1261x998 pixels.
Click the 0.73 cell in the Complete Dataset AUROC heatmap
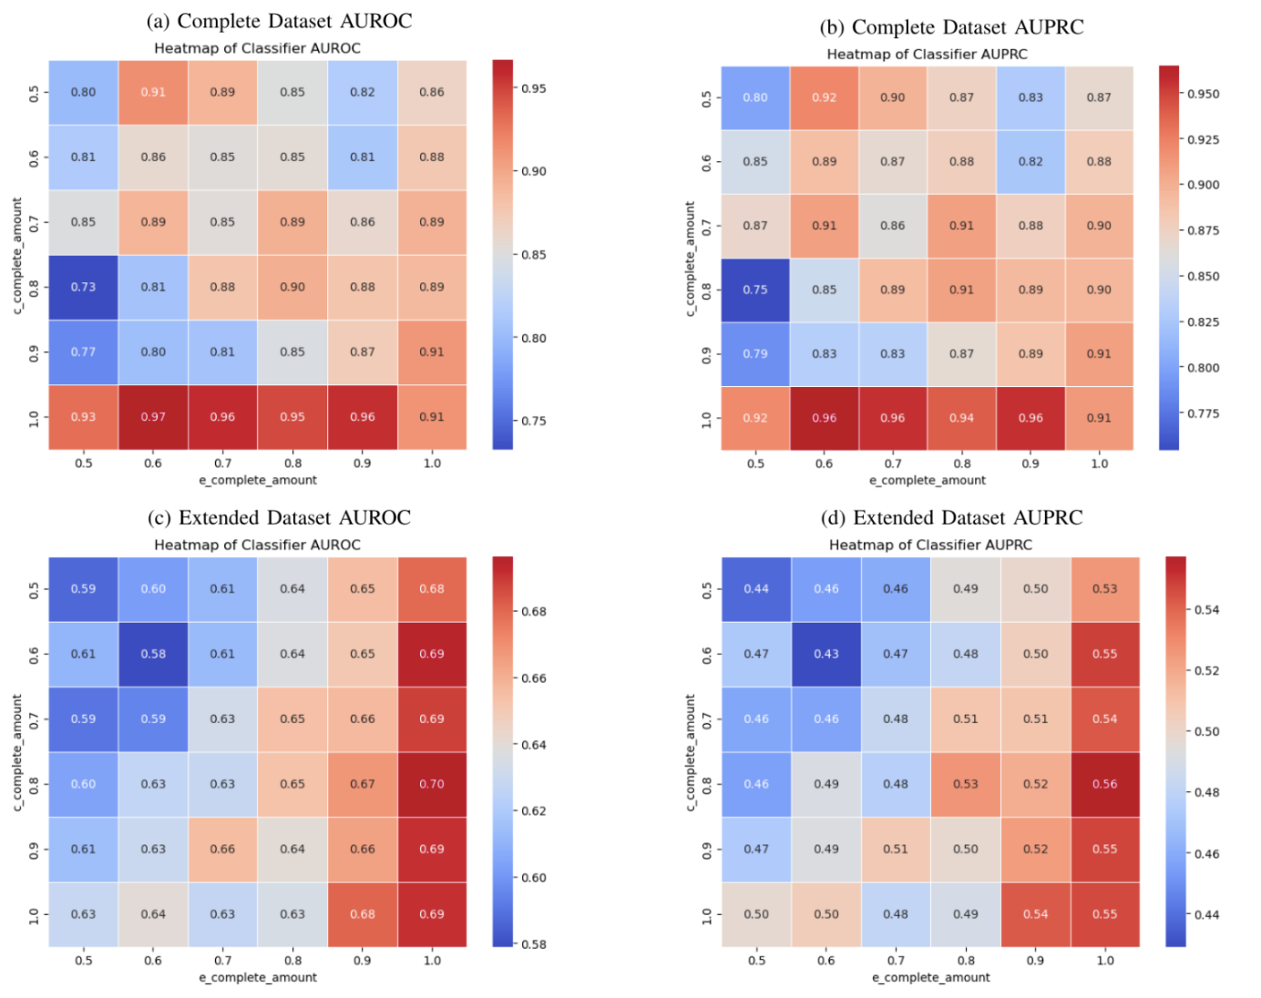[83, 287]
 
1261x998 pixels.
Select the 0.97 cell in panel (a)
[153, 417]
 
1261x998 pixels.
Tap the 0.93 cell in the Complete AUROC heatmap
[83, 417]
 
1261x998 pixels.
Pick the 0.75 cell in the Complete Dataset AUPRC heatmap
[755, 290]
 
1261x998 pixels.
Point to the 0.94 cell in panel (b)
[961, 418]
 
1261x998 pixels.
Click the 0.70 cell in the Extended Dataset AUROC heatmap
[432, 784]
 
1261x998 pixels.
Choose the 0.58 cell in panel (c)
[153, 654]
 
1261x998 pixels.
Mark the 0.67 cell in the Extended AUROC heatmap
[363, 784]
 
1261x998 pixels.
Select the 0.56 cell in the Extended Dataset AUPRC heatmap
[1104, 784]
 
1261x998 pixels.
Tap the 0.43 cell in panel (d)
[826, 654]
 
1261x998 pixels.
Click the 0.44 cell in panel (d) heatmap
[756, 589]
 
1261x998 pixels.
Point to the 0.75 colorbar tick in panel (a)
[533, 422]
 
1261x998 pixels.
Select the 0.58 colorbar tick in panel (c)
[533, 944]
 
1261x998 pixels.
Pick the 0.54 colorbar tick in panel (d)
[1206, 610]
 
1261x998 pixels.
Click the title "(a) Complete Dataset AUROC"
[279, 21]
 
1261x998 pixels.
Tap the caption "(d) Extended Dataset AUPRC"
[951, 518]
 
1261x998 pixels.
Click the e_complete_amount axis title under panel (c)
[258, 977]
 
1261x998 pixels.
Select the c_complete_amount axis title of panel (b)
[690, 260]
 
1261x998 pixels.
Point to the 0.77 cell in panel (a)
[83, 352]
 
